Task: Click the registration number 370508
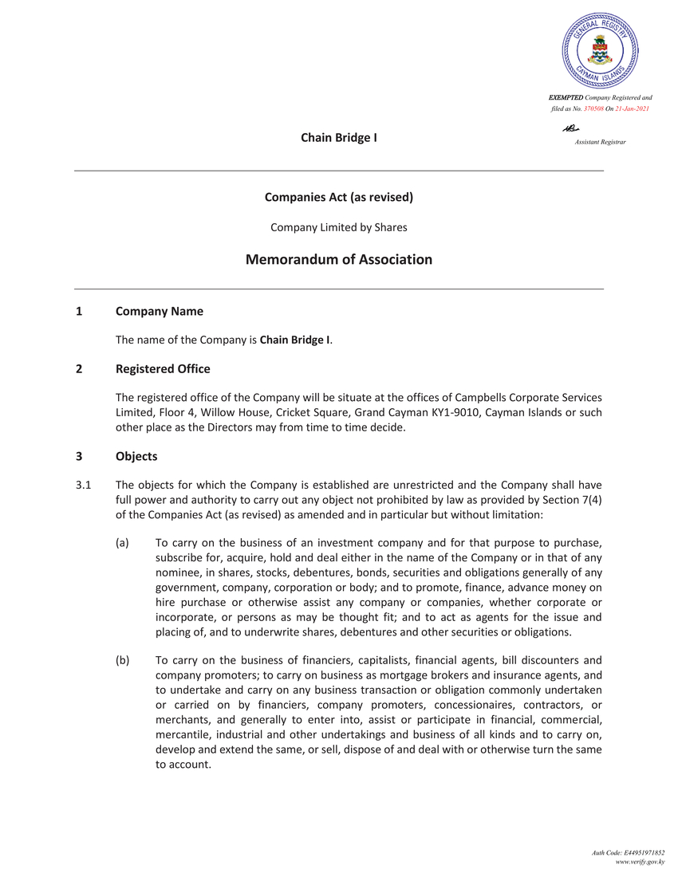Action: [597, 108]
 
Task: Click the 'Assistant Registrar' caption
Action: [600, 141]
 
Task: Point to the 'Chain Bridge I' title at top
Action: [338, 138]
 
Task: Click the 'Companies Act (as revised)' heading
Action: [338, 196]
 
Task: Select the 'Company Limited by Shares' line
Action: [338, 227]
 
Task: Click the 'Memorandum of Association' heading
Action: [338, 260]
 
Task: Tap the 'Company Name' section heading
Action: [159, 311]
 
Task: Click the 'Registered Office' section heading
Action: [163, 368]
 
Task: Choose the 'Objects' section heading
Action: [136, 456]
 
